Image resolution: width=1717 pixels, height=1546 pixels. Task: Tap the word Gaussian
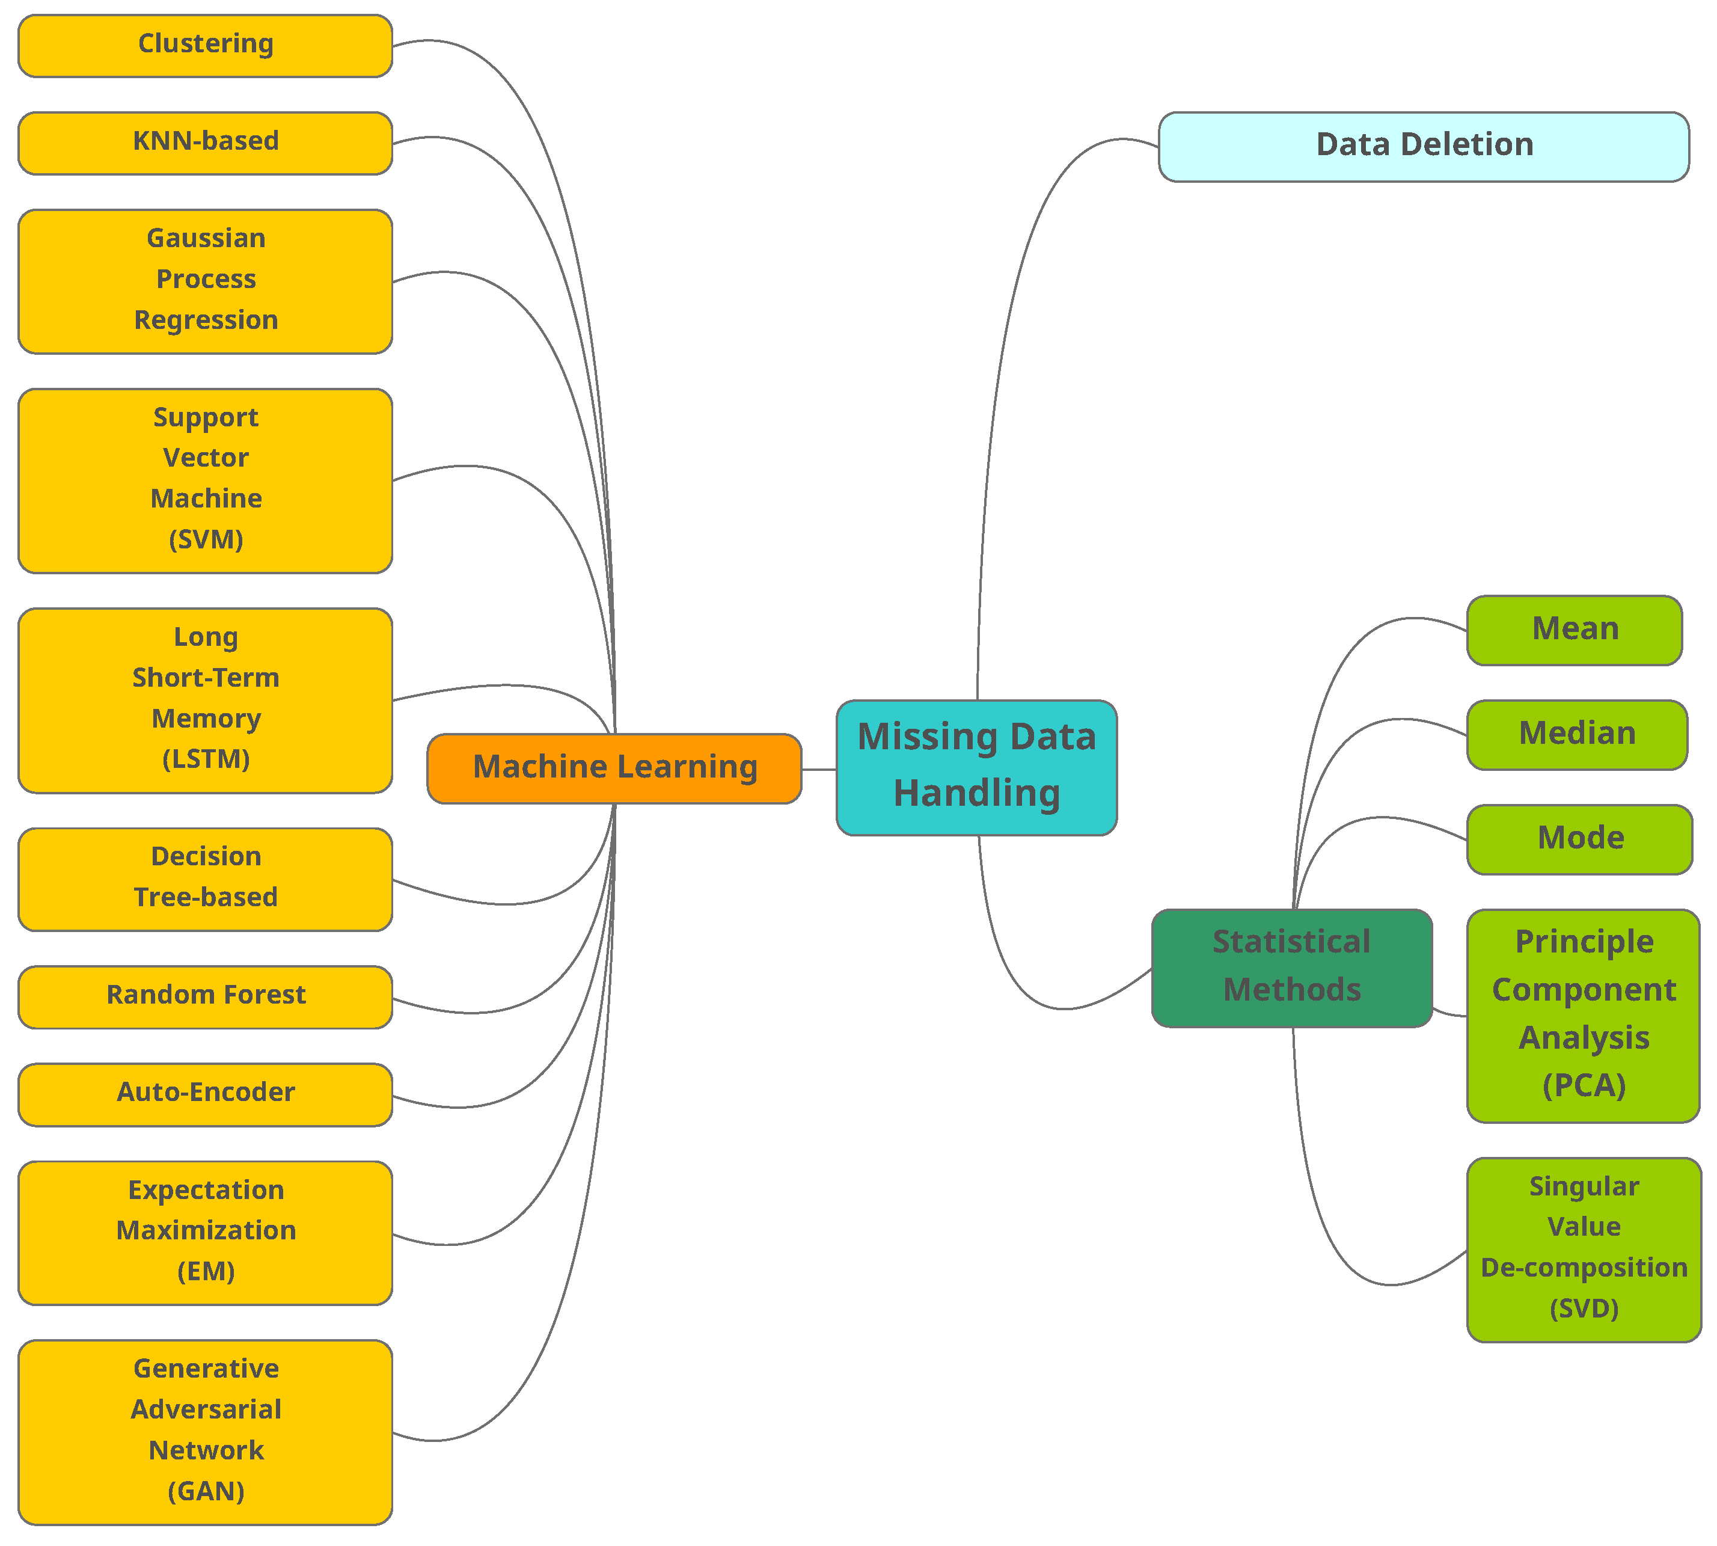[206, 238]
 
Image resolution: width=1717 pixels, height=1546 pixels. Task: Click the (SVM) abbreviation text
[206, 539]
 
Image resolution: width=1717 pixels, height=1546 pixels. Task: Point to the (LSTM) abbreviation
[206, 758]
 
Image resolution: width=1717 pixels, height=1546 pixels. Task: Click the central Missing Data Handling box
[976, 767]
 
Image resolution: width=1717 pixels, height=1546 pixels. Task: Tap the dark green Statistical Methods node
[1291, 967]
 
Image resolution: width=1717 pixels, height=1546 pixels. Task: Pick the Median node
[1576, 734]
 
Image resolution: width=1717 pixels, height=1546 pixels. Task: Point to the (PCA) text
[1583, 1085]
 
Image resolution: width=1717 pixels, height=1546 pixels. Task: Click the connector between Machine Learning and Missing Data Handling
[819, 770]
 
